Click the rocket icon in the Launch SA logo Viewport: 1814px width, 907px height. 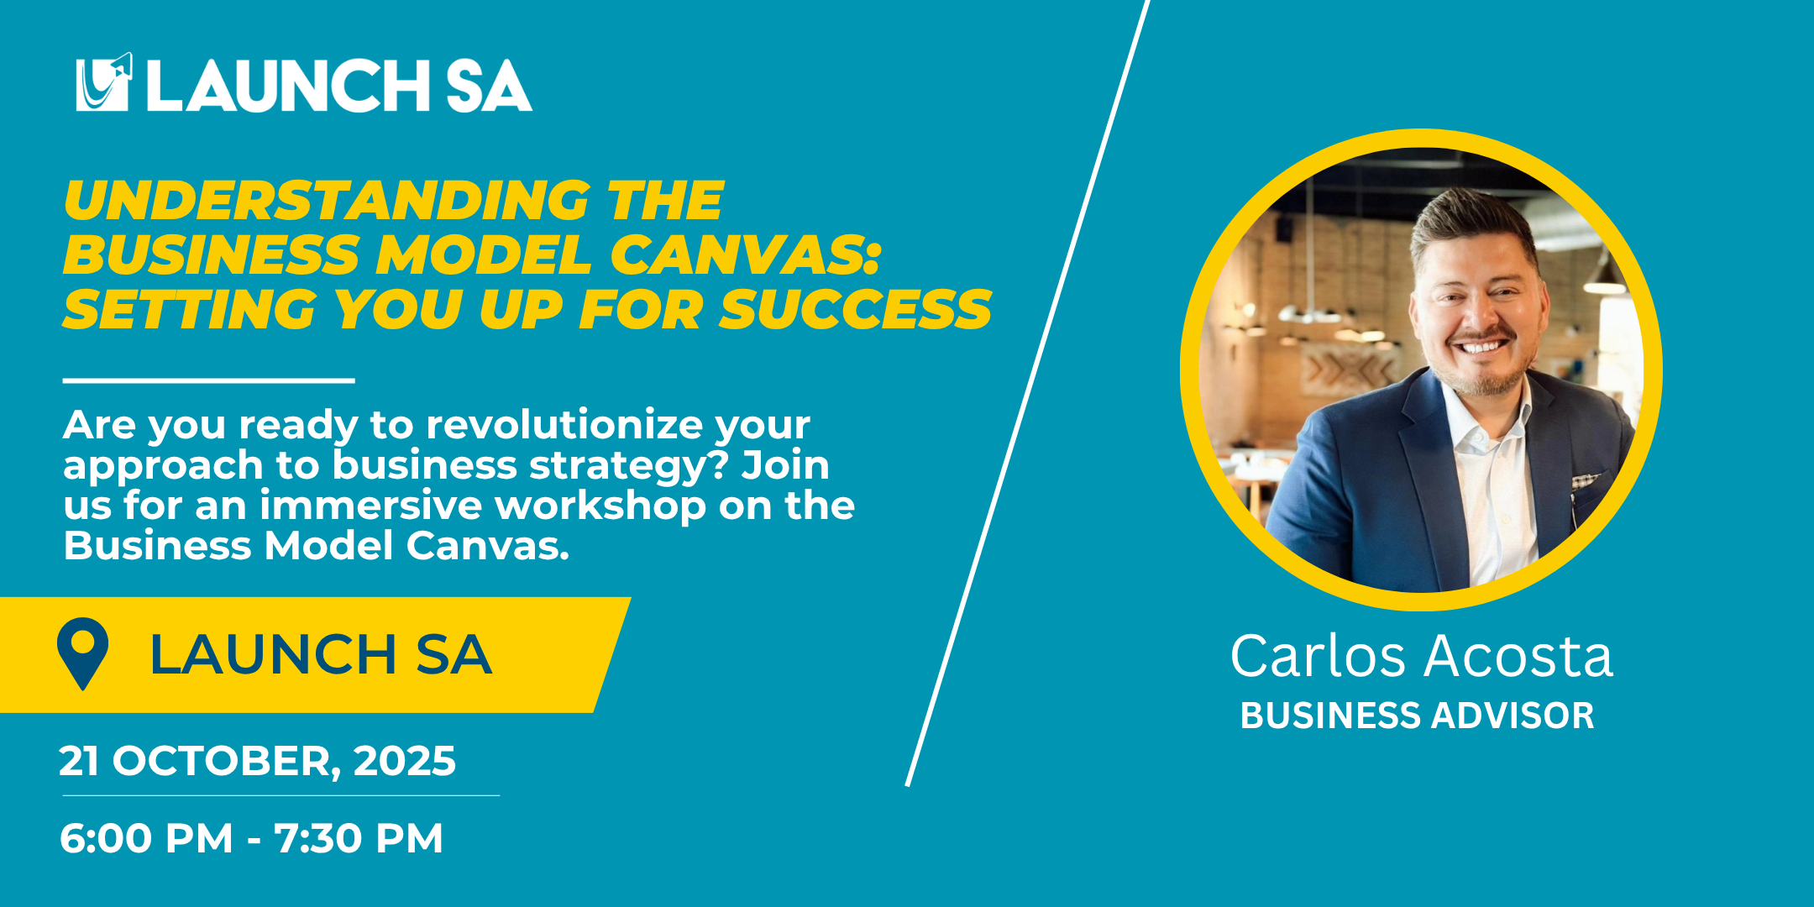pyautogui.click(x=104, y=82)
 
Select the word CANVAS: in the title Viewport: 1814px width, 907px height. pyautogui.click(x=744, y=254)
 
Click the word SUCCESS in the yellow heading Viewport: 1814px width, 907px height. pyautogui.click(x=855, y=308)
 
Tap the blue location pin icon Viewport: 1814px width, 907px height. pyautogui.click(x=82, y=653)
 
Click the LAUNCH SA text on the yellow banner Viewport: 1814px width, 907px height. pyautogui.click(x=320, y=655)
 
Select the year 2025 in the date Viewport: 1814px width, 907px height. pyautogui.click(x=404, y=761)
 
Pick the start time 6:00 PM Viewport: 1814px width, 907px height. pyautogui.click(x=146, y=838)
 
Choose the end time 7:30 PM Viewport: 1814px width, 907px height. pyautogui.click(x=359, y=838)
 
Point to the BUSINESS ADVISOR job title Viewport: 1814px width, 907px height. pyautogui.click(x=1417, y=716)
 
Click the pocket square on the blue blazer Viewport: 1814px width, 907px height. pyautogui.click(x=1586, y=481)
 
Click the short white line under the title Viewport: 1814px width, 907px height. pyautogui.click(x=208, y=380)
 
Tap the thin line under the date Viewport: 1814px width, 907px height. pyautogui.click(x=280, y=795)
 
